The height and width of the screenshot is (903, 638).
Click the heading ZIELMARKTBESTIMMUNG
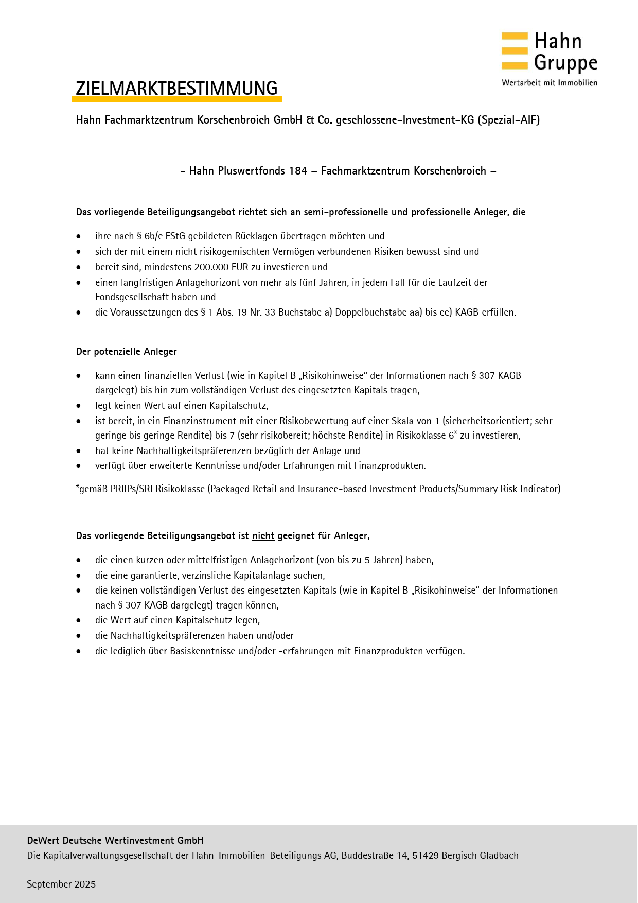(x=176, y=89)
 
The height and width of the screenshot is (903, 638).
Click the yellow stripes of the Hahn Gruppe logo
(x=515, y=50)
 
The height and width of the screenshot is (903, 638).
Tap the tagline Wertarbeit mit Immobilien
(x=550, y=83)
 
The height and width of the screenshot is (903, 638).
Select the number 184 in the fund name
(x=298, y=171)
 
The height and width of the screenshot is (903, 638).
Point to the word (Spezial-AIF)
(x=508, y=120)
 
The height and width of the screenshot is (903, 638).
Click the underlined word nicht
(x=263, y=536)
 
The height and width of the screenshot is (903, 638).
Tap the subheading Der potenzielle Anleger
(x=126, y=352)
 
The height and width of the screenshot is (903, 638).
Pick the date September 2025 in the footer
(x=61, y=884)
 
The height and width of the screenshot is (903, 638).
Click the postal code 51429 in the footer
(x=426, y=855)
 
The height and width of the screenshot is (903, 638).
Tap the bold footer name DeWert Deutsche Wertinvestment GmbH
(x=115, y=840)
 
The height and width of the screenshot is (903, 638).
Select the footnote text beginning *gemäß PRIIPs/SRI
(x=317, y=489)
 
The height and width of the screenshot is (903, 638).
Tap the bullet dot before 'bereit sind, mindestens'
(x=79, y=267)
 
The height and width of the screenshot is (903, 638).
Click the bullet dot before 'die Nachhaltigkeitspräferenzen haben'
(x=79, y=636)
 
